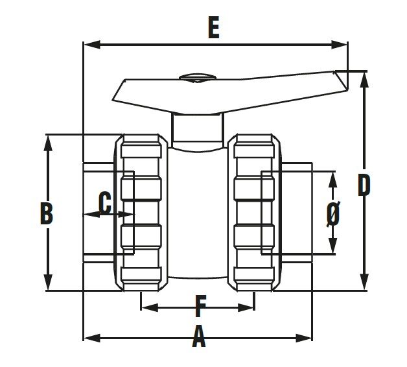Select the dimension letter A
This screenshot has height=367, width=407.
pos(199,338)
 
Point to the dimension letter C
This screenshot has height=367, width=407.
pos(104,203)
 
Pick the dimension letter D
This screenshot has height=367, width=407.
pos(364,185)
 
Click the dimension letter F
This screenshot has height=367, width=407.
pos(200,305)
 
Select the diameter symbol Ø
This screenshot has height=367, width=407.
pos(332,213)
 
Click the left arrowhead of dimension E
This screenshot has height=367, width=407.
pos(88,45)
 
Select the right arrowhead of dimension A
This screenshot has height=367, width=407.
pos(308,337)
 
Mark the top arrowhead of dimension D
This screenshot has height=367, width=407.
pos(365,75)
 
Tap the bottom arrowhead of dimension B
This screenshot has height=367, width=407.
pos(47,287)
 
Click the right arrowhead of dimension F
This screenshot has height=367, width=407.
pos(250,306)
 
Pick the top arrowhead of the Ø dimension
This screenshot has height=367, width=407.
pos(332,174)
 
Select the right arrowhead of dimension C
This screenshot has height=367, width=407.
pos(129,214)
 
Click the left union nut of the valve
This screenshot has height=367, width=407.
pos(141,213)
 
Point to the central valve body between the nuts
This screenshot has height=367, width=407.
pos(198,214)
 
